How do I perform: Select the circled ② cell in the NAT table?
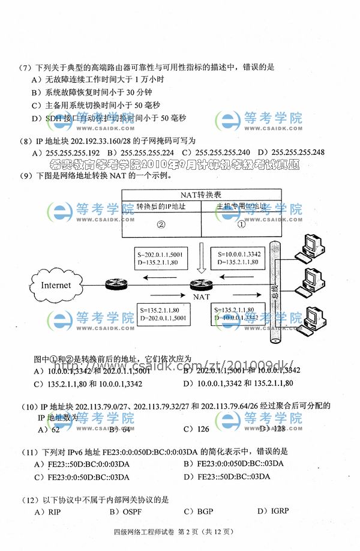(x=161, y=225)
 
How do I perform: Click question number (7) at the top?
(x=25, y=67)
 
